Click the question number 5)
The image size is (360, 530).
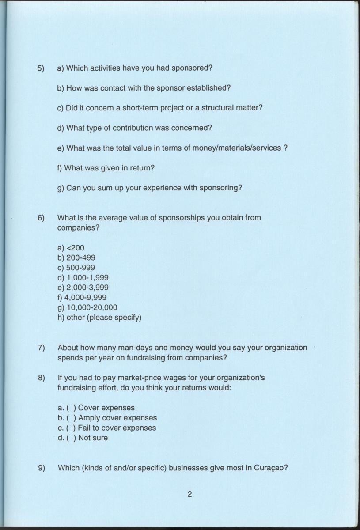point(41,68)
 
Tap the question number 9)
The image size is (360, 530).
point(41,468)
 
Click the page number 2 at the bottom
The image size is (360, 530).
point(189,494)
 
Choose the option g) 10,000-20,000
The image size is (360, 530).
point(87,307)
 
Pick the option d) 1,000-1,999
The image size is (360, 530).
point(83,278)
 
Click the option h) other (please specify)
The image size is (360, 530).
point(99,318)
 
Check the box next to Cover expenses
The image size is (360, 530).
point(71,408)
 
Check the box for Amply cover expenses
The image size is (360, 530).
point(71,418)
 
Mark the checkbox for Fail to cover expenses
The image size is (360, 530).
point(71,428)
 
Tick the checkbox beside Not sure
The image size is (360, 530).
point(71,438)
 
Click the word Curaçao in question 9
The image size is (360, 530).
point(271,468)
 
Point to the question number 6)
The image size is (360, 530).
point(41,218)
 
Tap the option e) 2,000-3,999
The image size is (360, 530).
point(83,288)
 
